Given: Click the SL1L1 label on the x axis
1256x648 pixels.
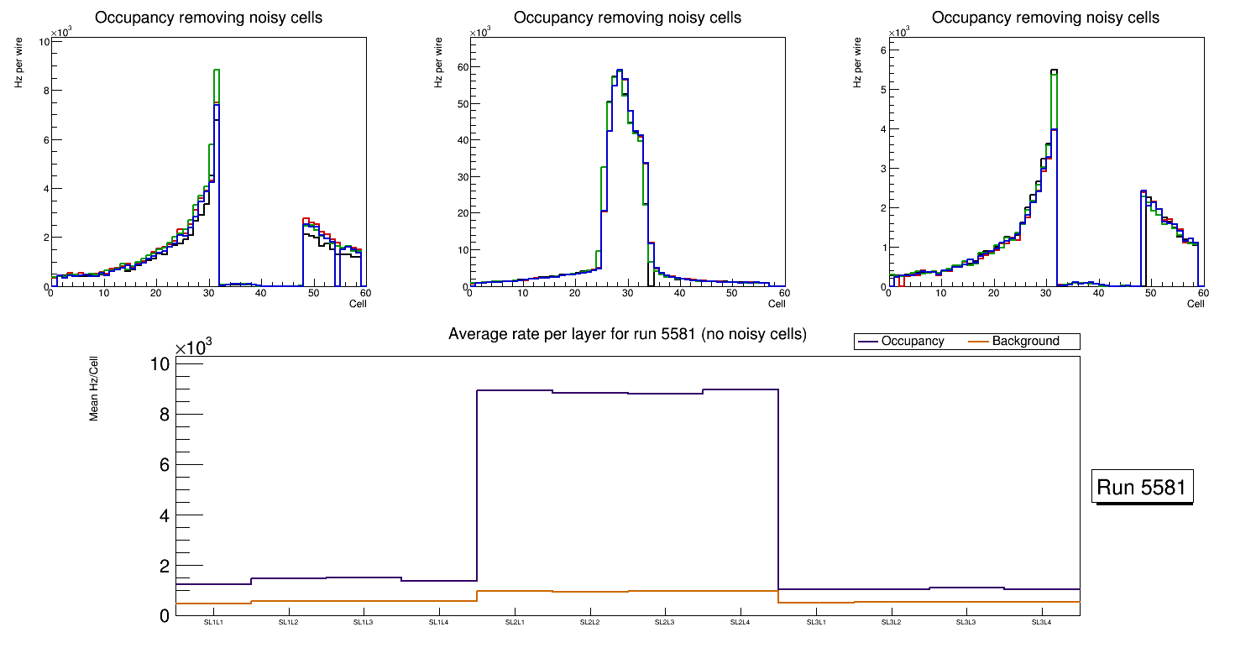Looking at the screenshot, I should (213, 623).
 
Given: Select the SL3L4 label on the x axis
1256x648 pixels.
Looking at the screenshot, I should (1042, 623).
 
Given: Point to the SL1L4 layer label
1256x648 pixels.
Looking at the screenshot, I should (439, 623).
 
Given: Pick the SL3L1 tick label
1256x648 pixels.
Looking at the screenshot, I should (816, 623).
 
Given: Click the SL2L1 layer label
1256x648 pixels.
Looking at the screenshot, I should (515, 623).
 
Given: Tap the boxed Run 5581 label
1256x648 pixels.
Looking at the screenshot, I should (1142, 488).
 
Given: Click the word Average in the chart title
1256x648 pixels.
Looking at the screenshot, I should (476, 334).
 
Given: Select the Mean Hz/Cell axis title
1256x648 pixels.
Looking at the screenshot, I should (95, 388).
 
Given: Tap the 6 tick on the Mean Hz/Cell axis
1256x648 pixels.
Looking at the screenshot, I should (165, 464).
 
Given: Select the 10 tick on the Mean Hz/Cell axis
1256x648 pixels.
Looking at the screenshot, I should (160, 363).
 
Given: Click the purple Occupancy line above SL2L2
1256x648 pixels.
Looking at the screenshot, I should (590, 392).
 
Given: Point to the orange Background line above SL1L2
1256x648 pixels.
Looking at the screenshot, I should (289, 601).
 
